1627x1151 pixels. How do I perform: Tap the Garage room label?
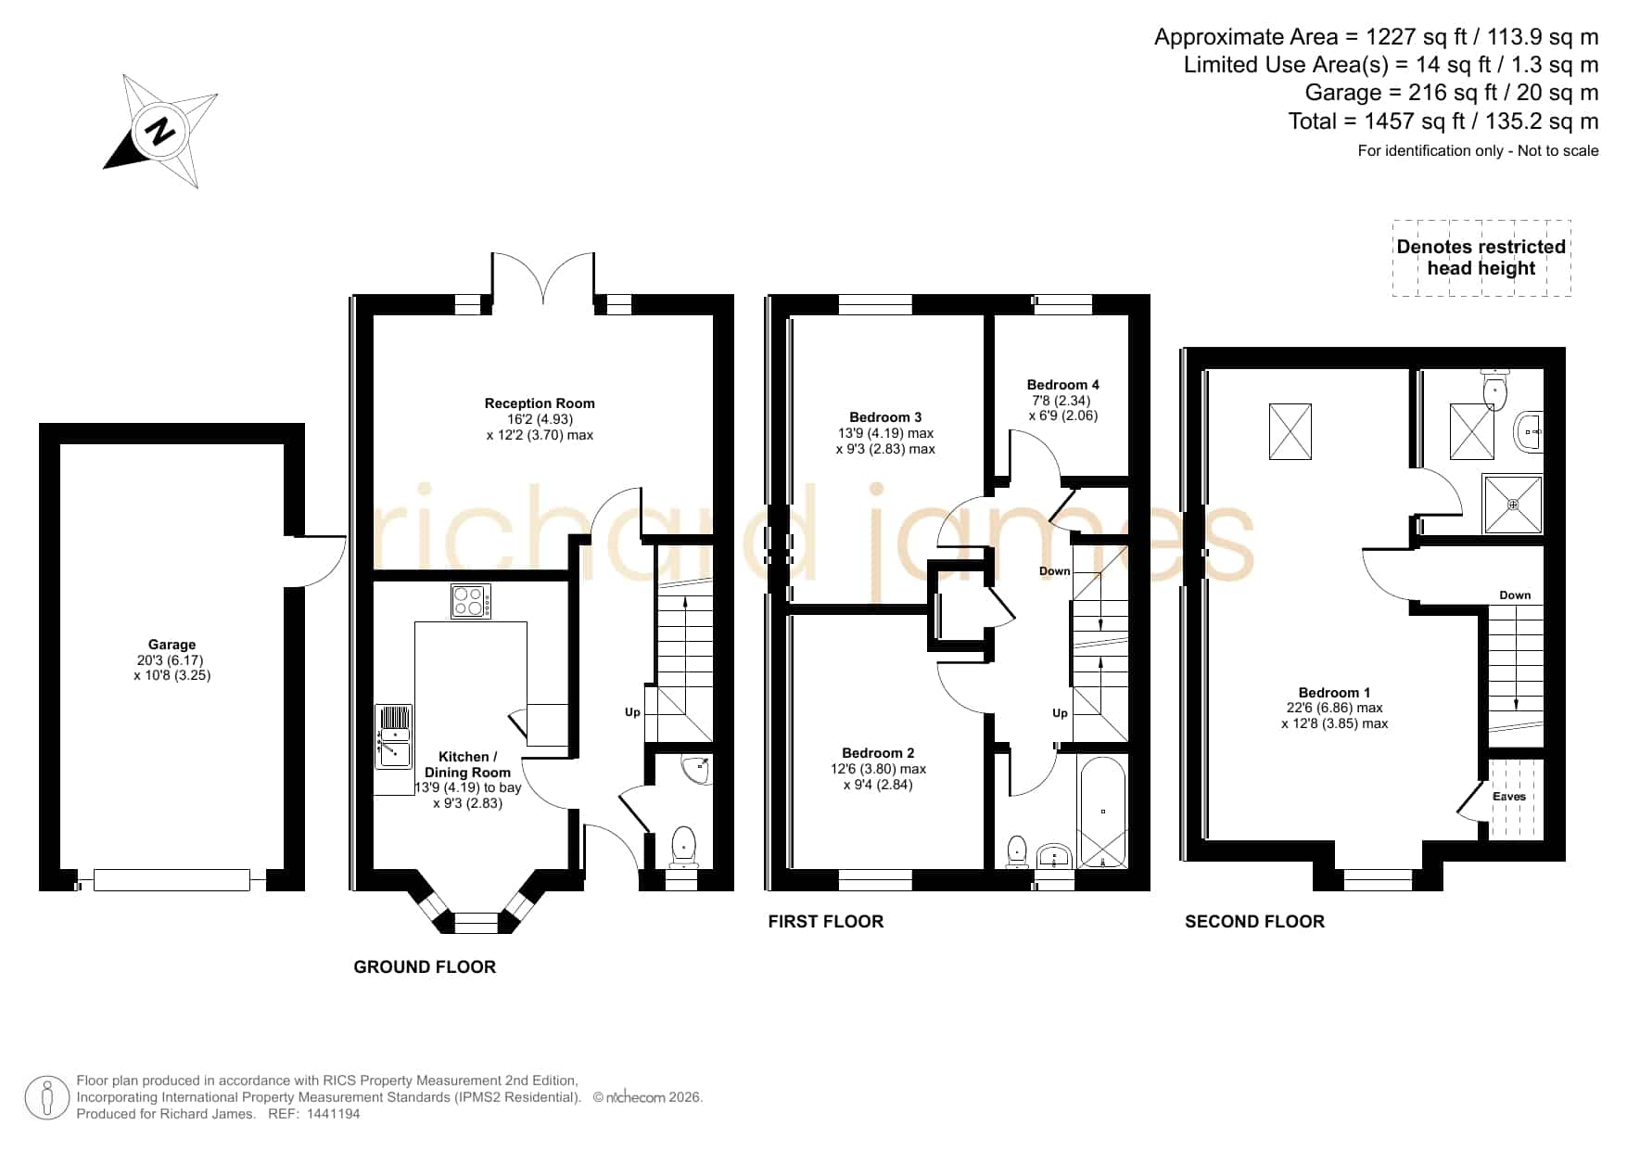tap(172, 645)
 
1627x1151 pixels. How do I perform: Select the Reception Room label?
tap(540, 403)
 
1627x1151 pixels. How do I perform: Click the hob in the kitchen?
tap(471, 601)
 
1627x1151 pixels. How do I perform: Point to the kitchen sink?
tap(394, 736)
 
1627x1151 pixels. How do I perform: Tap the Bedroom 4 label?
tap(1062, 385)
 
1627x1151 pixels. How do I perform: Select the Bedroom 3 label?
tap(885, 417)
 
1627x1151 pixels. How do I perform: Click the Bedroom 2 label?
tap(878, 753)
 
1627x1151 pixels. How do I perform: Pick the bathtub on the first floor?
tap(1103, 812)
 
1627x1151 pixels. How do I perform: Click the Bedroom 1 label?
tap(1334, 693)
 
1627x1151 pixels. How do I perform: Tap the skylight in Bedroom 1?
tap(1290, 431)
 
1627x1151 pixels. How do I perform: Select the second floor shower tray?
tap(1513, 505)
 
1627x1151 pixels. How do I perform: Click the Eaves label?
tap(1509, 797)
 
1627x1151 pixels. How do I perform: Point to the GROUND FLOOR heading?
tap(425, 967)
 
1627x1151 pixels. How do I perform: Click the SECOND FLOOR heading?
tap(1254, 922)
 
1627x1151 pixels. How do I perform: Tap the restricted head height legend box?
tap(1481, 258)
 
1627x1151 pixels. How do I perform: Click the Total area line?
tap(1443, 121)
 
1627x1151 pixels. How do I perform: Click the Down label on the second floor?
tap(1515, 595)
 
